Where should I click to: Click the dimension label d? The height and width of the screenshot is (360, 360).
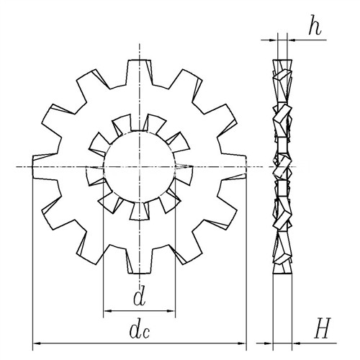point(140,295)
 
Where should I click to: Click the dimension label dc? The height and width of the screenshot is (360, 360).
point(140,330)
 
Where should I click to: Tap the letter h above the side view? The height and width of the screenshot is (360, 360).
point(315,25)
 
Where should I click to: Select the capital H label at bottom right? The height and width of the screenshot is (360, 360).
point(323,328)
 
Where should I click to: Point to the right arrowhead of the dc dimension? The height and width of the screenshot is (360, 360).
point(242,343)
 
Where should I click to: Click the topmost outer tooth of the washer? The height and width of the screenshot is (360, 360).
point(140,72)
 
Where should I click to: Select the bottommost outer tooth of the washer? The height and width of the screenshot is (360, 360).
point(140,261)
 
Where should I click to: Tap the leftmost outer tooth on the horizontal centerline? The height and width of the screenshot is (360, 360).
point(45,167)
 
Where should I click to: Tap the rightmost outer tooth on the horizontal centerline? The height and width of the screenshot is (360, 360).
point(233,167)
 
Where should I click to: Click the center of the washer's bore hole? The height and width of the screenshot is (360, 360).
point(140,167)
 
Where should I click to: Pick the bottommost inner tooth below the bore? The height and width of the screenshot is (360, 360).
point(140,211)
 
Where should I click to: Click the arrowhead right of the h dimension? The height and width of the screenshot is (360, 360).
point(291,40)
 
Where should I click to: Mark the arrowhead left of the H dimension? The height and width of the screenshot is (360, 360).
point(269,343)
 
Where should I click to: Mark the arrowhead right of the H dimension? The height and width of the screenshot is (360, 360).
point(297,343)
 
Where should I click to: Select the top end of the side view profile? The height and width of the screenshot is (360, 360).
point(282,60)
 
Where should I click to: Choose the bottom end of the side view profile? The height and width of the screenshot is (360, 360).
point(282,274)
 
